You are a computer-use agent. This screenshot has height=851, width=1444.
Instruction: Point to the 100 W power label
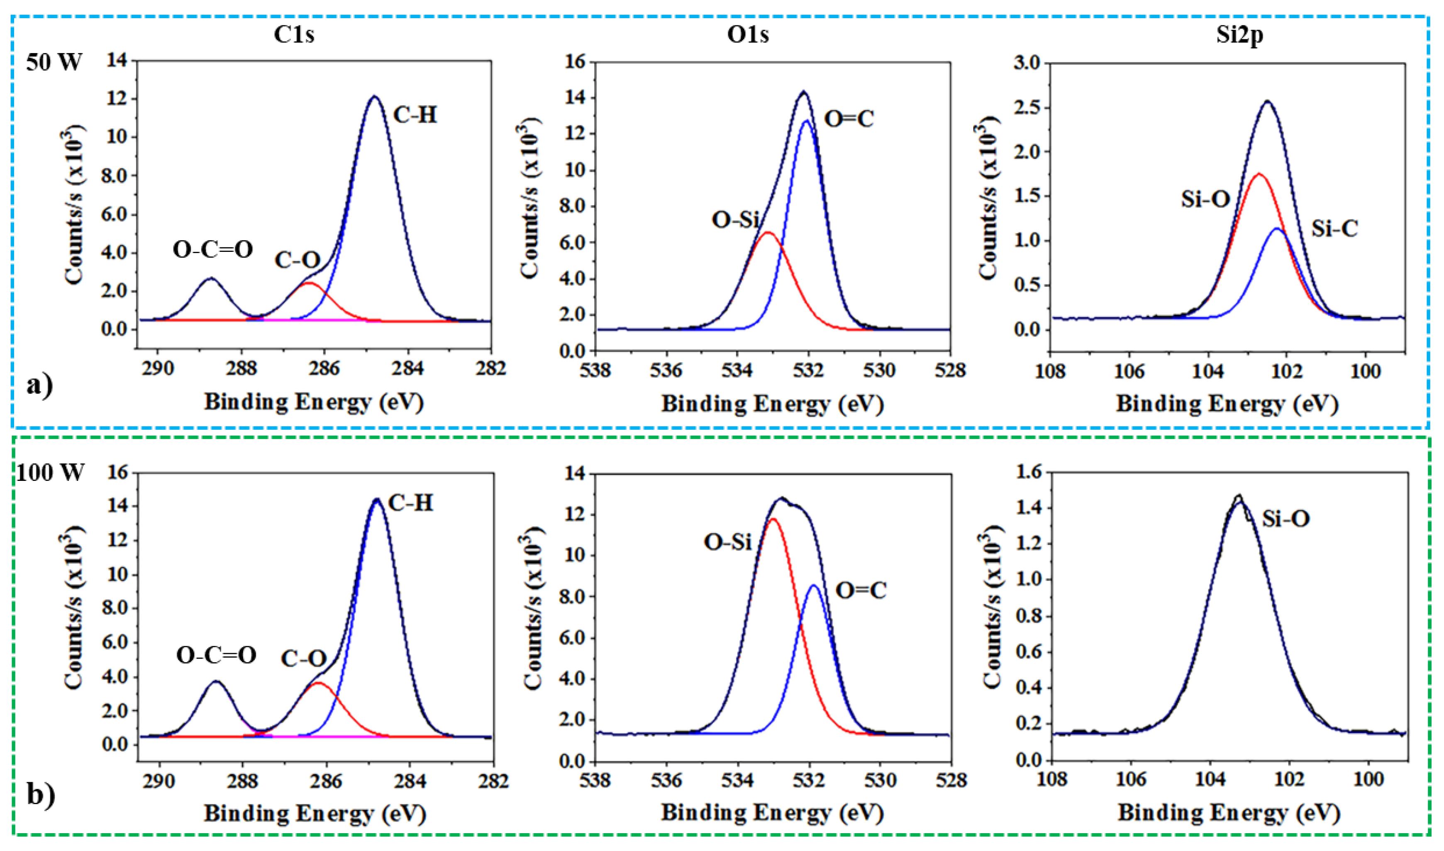click(x=51, y=473)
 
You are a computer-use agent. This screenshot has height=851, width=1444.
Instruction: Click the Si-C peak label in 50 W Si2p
click(x=1335, y=229)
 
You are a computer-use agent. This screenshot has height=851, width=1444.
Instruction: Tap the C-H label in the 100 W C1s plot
click(x=411, y=503)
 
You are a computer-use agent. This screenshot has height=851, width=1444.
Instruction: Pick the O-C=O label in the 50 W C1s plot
click(x=213, y=250)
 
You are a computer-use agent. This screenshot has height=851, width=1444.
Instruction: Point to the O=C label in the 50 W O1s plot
click(x=849, y=119)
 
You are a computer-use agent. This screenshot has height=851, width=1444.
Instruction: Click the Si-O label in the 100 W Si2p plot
click(x=1286, y=519)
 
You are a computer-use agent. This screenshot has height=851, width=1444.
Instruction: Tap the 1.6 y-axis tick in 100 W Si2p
click(x=1027, y=473)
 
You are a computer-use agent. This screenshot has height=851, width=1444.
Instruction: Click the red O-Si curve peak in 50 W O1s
click(x=768, y=232)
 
